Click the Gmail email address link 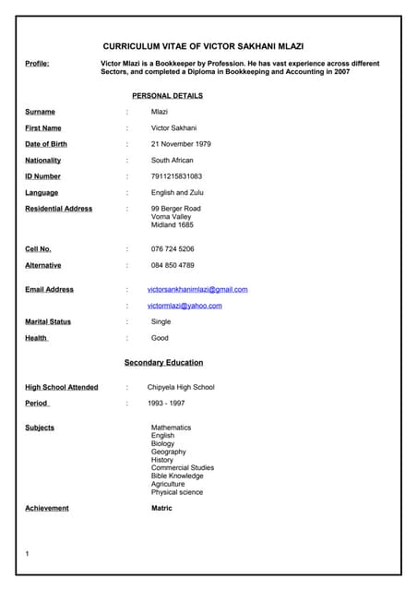pyautogui.click(x=197, y=289)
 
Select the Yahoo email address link pyautogui.click(x=185, y=306)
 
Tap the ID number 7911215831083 pyautogui.click(x=176, y=176)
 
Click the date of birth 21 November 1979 pyautogui.click(x=181, y=144)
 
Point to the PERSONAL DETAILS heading pyautogui.click(x=167, y=95)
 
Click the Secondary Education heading pyautogui.click(x=163, y=363)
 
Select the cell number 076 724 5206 pyautogui.click(x=173, y=249)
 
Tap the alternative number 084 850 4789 pyautogui.click(x=173, y=265)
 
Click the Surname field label pyautogui.click(x=40, y=112)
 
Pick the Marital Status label pyautogui.click(x=48, y=322)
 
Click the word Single pyautogui.click(x=161, y=322)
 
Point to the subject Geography pyautogui.click(x=169, y=452)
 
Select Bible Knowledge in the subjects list pyautogui.click(x=177, y=476)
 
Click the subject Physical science pyautogui.click(x=177, y=492)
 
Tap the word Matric pyautogui.click(x=161, y=508)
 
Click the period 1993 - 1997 pyautogui.click(x=166, y=404)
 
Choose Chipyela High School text pyautogui.click(x=181, y=387)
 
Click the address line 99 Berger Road pyautogui.click(x=176, y=209)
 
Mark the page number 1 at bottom pyautogui.click(x=28, y=553)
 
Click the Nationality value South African pyautogui.click(x=173, y=161)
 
